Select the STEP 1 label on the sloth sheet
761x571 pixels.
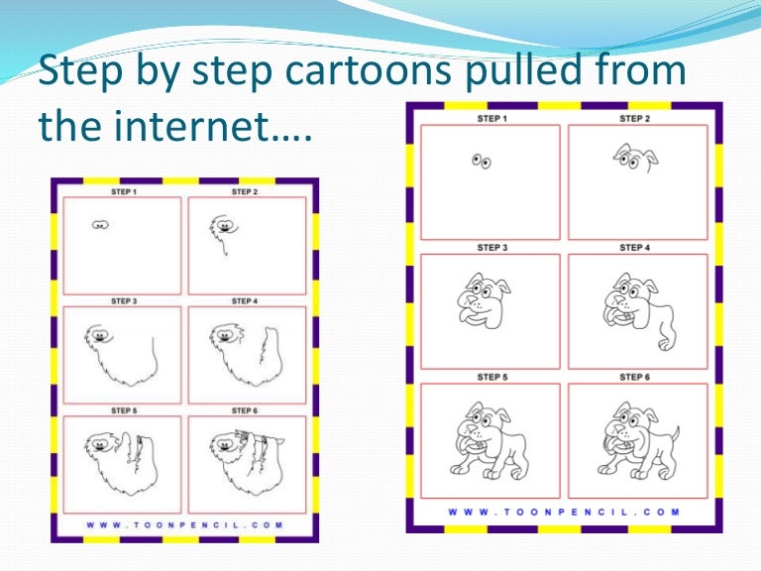[x=123, y=191]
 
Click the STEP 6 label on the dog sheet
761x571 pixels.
[x=634, y=377]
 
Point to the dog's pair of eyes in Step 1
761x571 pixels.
[x=481, y=161]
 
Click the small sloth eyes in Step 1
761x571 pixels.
[x=99, y=225]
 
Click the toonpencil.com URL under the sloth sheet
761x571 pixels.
[x=184, y=524]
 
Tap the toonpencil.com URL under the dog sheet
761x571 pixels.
[x=564, y=513]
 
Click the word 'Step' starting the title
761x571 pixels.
[x=73, y=71]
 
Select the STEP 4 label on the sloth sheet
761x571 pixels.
[x=243, y=300]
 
